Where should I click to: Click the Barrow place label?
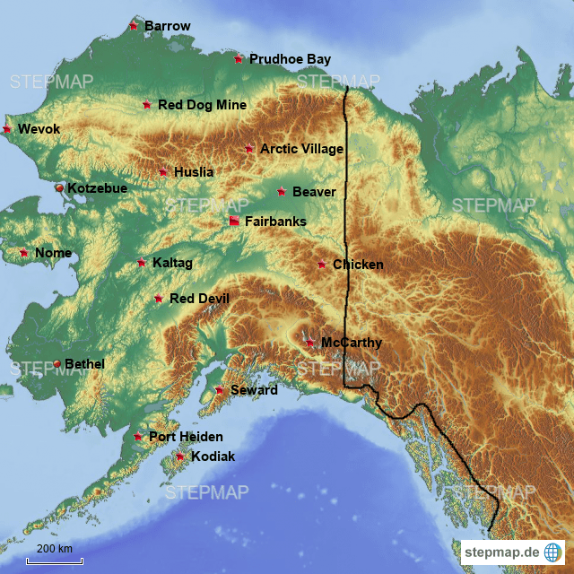[x=167, y=26]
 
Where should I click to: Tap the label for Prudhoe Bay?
[x=290, y=59]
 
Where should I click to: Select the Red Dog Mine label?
[x=202, y=105]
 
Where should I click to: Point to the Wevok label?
[x=39, y=129]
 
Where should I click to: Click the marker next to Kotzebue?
[x=59, y=188]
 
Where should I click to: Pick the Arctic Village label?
[x=301, y=149]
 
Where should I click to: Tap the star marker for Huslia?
[x=162, y=172]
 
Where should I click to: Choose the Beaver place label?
[x=314, y=192]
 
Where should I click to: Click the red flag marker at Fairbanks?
[x=234, y=221]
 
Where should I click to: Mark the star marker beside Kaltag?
[x=141, y=263]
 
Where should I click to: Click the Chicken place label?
[x=358, y=265]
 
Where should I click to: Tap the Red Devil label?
[x=199, y=298]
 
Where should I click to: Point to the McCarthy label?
[x=351, y=343]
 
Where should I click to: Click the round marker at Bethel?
[x=57, y=363]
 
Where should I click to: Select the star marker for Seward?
[x=219, y=390]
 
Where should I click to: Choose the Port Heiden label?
[x=186, y=437]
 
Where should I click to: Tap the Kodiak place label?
[x=213, y=457]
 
